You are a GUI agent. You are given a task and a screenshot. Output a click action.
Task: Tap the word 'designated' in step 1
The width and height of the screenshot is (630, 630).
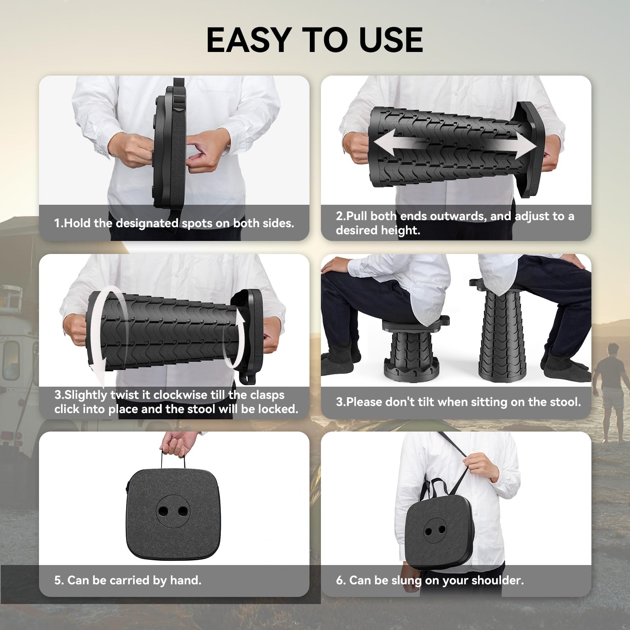147,223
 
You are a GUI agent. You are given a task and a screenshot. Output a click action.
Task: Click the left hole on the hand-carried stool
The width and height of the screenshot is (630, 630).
163,511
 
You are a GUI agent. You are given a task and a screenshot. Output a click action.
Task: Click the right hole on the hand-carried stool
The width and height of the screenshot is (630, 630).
183,511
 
